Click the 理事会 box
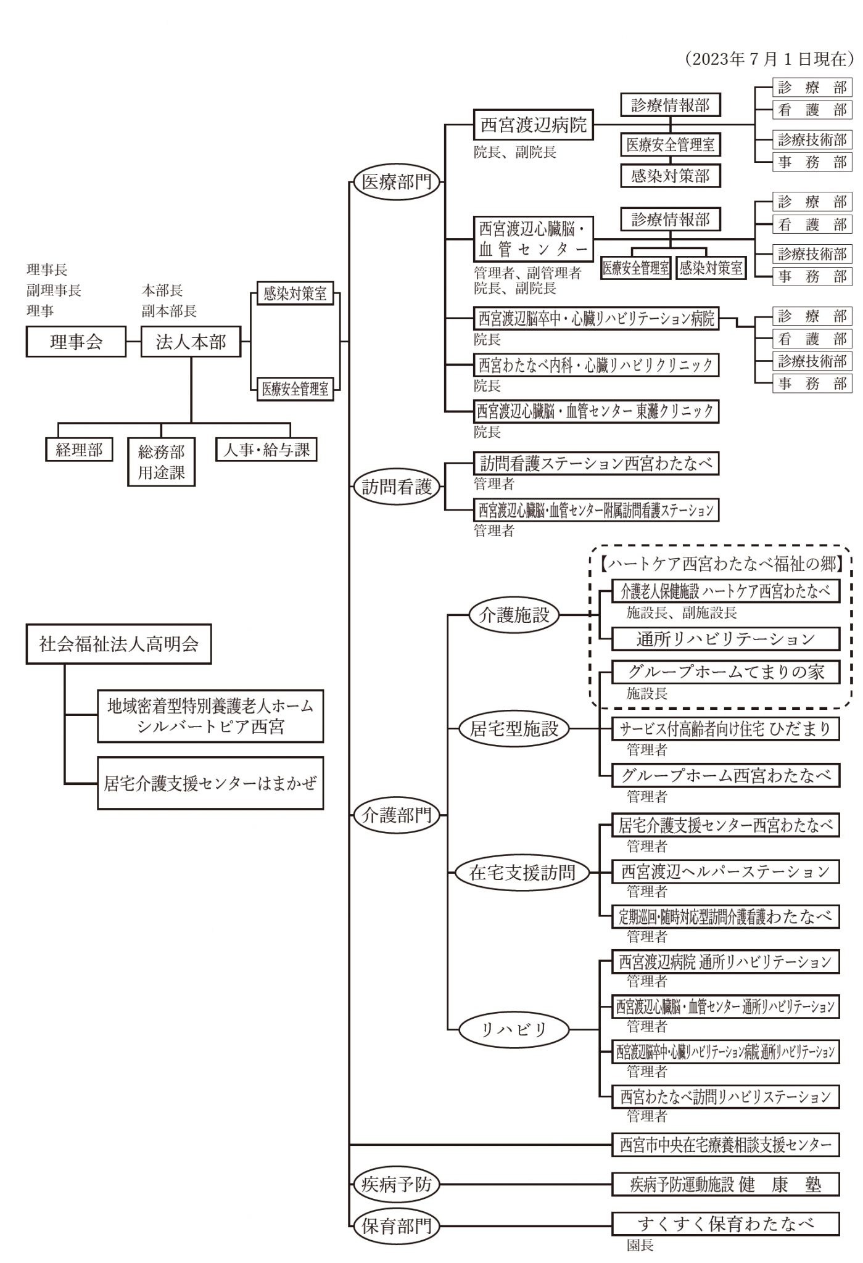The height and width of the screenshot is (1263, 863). pos(75,342)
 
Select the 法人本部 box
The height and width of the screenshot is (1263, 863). pos(191,342)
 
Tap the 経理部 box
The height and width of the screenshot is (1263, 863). pos(79,450)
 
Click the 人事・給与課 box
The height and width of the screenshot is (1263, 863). pos(266,450)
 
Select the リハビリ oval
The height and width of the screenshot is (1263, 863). pos(514,1029)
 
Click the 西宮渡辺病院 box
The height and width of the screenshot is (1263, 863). pos(534,126)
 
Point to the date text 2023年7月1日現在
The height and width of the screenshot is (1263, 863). pos(769,59)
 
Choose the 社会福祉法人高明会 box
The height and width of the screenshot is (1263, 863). pos(118,644)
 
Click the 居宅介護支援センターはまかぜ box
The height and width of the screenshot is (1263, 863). pos(210,783)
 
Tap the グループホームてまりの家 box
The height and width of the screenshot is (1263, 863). pos(725,672)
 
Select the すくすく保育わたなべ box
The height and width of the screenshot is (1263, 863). pos(725,1223)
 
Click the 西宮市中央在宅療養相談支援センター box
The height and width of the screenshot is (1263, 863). pos(725,1145)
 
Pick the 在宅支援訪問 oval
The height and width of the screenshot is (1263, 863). pos(522,872)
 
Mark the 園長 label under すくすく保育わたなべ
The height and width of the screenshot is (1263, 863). pos(640,1245)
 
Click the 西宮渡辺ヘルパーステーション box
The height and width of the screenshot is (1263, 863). pos(725,871)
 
